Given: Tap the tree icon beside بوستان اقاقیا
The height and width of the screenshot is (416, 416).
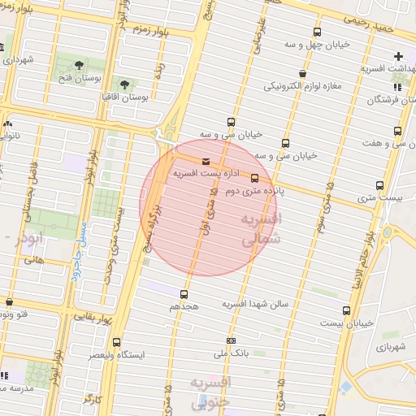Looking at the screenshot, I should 125,84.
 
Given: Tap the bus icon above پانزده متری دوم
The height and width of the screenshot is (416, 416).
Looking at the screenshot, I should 255,178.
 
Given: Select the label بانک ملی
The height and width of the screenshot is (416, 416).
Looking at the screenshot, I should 231,354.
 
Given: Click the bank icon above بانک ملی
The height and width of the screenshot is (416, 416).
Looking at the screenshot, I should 232,340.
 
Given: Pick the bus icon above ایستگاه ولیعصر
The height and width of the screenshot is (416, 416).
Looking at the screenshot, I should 117,342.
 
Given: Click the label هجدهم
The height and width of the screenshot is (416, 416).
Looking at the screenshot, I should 184,308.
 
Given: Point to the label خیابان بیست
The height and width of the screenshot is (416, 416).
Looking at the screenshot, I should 347,323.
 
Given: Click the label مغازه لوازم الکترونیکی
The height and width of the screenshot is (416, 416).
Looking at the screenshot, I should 302,85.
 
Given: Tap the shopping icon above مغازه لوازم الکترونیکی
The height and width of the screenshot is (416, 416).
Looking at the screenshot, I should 302,72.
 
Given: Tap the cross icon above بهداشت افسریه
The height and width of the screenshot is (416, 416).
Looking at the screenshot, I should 398,56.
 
